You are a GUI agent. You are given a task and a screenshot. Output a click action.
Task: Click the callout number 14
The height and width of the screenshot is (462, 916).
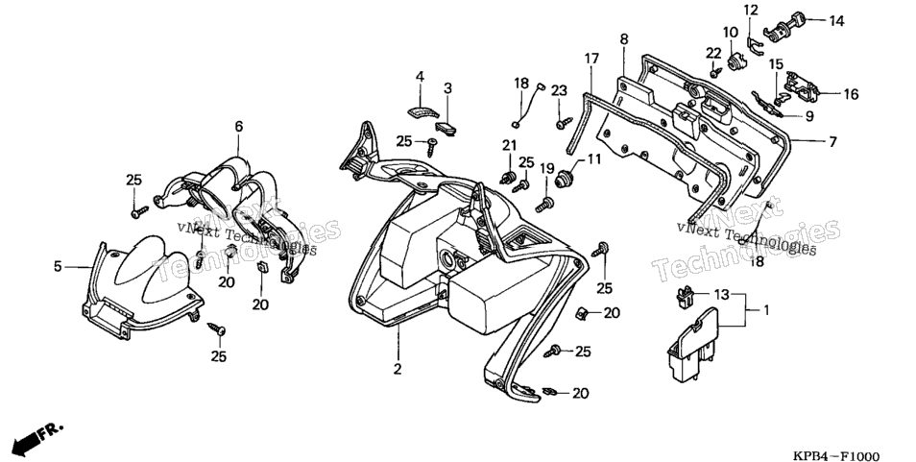coord(836,21)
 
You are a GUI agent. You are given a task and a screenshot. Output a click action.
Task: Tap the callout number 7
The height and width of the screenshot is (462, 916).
coord(832,141)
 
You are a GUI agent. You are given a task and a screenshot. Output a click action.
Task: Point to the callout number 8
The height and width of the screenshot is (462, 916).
coord(624,39)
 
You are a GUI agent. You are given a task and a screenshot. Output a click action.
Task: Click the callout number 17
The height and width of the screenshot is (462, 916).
coord(591,59)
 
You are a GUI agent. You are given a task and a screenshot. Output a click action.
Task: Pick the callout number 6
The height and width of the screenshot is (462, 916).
coord(239,126)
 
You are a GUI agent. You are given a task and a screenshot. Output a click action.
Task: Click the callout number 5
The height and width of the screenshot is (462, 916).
coord(58,266)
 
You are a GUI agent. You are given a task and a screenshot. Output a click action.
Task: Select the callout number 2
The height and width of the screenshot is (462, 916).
coord(398,369)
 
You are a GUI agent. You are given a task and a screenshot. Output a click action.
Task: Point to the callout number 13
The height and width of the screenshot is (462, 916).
coord(722,294)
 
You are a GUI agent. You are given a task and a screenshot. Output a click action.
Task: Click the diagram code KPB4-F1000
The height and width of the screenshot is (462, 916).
coord(836,456)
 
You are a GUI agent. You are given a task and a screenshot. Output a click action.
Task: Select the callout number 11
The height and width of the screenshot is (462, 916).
coord(593,158)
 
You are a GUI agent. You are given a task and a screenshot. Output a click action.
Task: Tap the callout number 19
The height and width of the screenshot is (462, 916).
coord(546,169)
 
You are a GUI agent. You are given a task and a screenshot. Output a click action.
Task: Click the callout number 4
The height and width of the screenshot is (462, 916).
coord(420,77)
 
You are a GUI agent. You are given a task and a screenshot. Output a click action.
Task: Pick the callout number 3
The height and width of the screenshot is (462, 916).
coord(447,88)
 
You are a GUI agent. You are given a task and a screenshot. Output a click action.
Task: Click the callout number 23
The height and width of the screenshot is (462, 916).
coord(559,90)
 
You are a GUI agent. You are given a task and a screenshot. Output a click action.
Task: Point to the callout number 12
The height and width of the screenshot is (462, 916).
coord(751,10)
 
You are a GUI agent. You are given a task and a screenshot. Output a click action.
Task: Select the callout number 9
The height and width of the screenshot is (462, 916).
coord(809,116)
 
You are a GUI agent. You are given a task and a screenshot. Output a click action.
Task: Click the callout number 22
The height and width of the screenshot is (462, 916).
coord(713,53)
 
